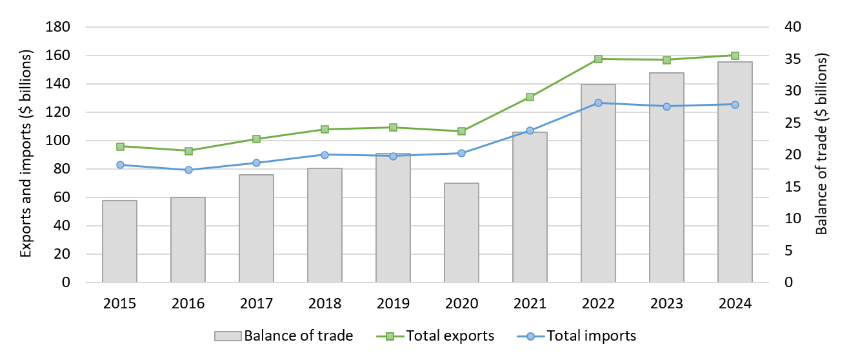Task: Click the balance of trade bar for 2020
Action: point(461,233)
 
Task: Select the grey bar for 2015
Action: point(119,241)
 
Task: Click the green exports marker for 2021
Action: point(530,97)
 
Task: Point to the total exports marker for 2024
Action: point(735,55)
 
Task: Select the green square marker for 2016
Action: point(188,151)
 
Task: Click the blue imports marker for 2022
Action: point(598,103)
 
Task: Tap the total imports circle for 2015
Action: point(119,165)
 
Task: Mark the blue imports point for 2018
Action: point(325,155)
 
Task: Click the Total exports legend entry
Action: point(450,336)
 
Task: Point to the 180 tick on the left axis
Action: point(59,27)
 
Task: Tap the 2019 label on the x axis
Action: point(393,303)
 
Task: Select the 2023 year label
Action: point(666,303)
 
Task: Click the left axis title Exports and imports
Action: point(26,154)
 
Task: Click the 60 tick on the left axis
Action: point(63,197)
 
